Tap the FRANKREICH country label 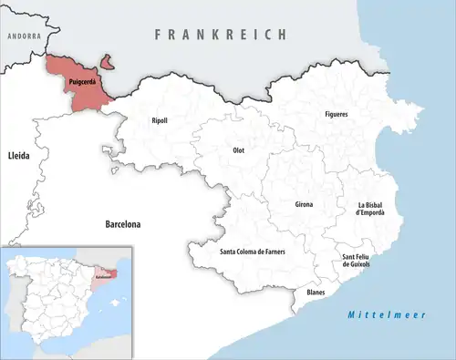[220, 34]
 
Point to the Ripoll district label [159, 120]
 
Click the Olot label [239, 149]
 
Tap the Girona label [304, 204]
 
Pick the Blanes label [316, 292]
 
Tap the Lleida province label [17, 156]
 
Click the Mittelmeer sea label [374, 315]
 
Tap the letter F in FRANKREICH [159, 34]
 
